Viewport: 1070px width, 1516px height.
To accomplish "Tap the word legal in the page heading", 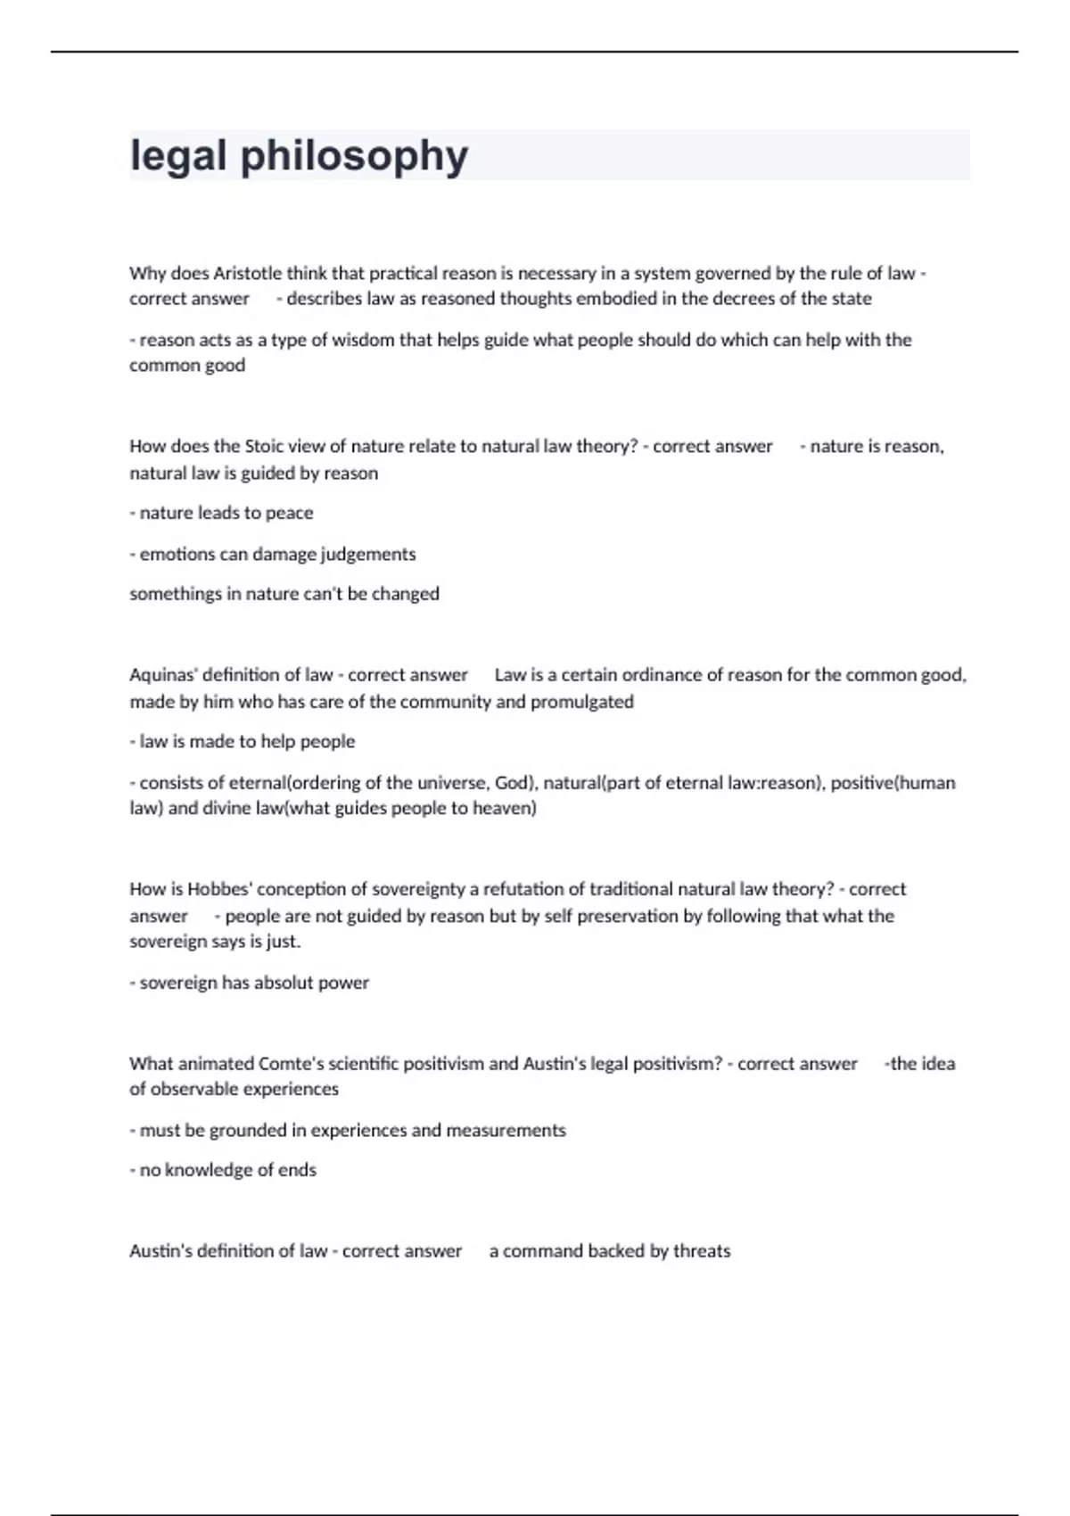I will click(177, 157).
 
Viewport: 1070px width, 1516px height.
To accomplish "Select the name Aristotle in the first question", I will click(247, 273).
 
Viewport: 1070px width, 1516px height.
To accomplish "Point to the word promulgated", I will click(582, 702).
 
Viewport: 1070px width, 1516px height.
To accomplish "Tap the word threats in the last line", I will click(702, 1251).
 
